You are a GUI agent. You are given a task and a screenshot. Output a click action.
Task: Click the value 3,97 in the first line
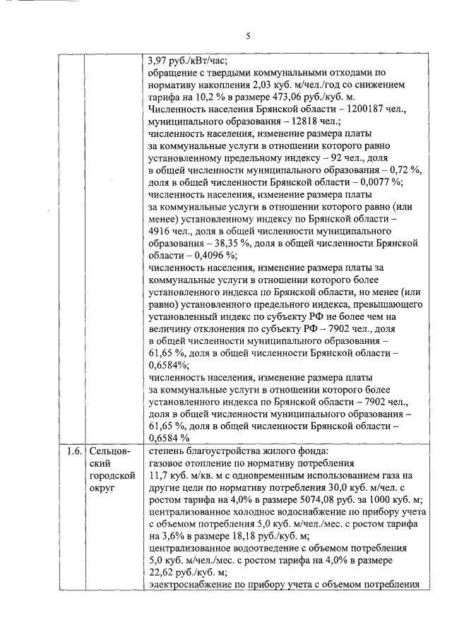click(x=160, y=60)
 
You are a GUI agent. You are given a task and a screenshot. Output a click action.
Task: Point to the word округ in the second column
click(x=102, y=488)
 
